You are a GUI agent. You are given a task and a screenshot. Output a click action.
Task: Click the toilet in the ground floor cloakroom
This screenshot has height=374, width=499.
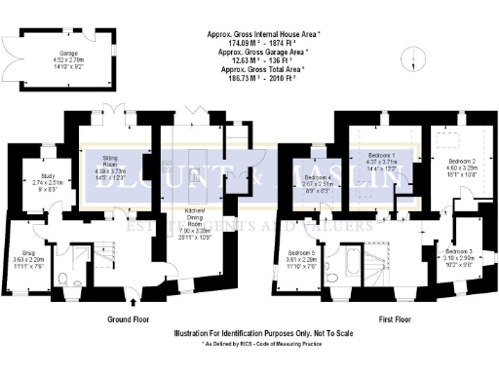tap(62, 280)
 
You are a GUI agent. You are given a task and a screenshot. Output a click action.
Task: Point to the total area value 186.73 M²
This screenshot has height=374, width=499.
tap(259, 77)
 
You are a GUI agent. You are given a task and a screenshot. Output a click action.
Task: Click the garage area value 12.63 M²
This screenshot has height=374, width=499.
tap(259, 60)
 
